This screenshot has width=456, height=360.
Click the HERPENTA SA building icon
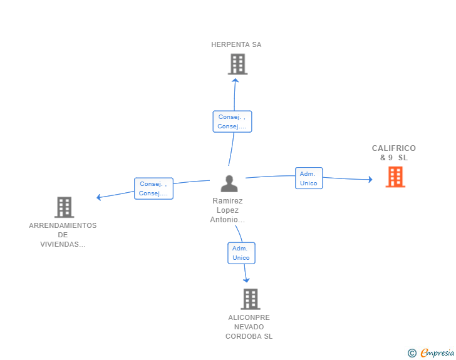237,64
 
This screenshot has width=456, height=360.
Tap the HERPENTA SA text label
236,44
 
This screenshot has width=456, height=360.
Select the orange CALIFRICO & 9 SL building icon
395,177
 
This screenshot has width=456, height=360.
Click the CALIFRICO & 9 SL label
394,153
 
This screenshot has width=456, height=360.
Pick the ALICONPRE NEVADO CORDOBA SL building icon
251,299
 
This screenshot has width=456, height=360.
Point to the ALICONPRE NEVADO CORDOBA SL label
249,327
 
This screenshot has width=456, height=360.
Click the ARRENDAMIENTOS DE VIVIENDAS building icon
65,207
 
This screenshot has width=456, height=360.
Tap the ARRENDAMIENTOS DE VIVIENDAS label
63,235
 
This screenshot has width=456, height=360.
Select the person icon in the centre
229,183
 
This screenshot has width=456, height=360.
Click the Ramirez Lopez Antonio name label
227,210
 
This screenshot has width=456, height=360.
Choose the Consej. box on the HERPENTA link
232,121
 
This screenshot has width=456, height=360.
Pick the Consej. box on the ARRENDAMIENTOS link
154,188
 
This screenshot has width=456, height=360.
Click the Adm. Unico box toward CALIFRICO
309,178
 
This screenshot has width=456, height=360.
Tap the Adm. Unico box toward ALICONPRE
241,253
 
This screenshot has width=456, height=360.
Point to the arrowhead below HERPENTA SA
236,80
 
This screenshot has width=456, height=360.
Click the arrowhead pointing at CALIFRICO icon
371,179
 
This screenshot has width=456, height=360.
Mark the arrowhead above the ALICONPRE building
246,280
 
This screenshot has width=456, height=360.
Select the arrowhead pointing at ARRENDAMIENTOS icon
98,197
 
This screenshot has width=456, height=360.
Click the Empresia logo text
437,352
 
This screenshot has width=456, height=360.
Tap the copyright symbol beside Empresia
412,353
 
